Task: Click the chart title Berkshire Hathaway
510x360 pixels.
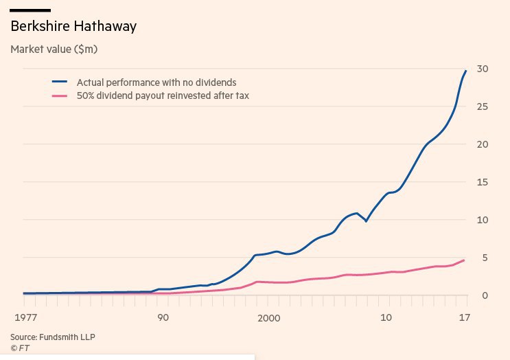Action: (x=73, y=27)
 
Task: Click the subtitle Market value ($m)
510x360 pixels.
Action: (x=55, y=49)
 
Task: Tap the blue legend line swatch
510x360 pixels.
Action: (x=60, y=82)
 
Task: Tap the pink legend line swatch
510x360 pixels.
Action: (x=60, y=96)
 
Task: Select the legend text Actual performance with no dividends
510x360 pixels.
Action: (x=156, y=82)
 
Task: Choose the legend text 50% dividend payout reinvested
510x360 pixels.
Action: (x=163, y=96)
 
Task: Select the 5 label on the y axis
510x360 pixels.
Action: (x=485, y=258)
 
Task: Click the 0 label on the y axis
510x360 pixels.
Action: (x=485, y=295)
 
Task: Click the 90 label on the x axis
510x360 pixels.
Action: (x=163, y=317)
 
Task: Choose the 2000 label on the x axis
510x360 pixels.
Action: (x=269, y=317)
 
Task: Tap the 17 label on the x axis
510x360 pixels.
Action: (x=465, y=317)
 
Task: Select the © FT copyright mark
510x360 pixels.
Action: (x=20, y=348)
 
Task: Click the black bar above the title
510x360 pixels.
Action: (x=30, y=10)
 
